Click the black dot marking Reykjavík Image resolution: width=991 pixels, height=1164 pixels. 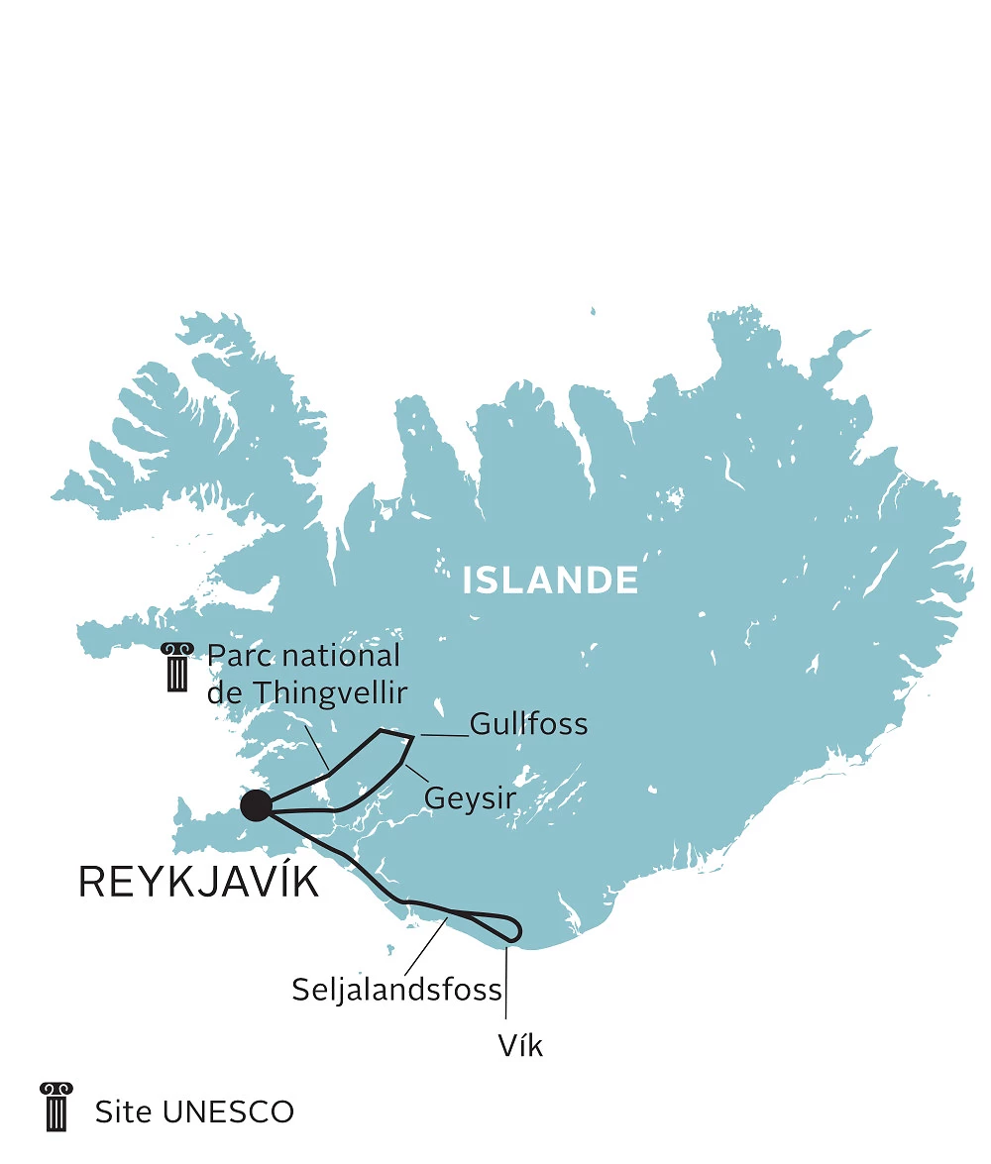point(256,805)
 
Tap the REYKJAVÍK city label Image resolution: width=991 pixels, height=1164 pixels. point(198,882)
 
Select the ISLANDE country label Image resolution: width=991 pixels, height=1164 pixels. point(550,581)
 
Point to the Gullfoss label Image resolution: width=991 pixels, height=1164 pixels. point(528,724)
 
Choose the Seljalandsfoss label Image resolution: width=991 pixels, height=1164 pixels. point(396,989)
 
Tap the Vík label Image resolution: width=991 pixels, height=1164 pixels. point(521,1045)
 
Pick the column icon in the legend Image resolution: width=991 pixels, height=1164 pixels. point(55,1107)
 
